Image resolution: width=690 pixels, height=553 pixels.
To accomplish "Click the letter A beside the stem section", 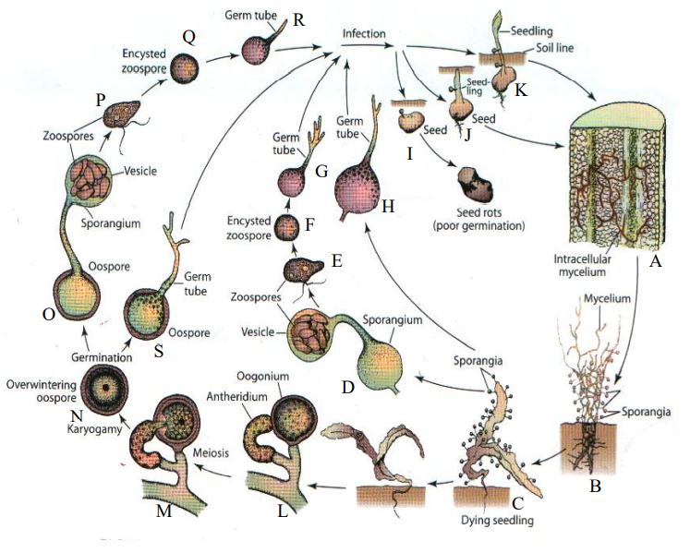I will pos(657,262).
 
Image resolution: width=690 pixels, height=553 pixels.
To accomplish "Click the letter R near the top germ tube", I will pos(297,21).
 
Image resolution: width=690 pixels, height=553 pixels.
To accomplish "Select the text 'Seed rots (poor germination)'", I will pos(484,218).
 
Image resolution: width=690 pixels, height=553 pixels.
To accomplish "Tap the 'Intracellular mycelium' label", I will pos(579,266).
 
